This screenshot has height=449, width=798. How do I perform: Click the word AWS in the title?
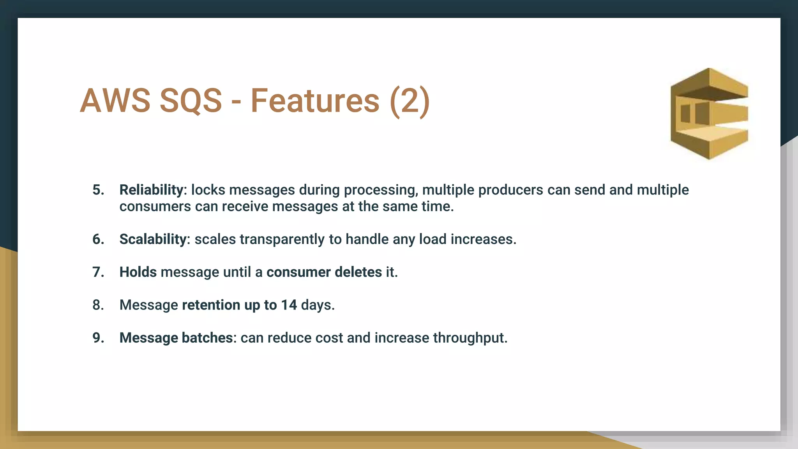pos(115,101)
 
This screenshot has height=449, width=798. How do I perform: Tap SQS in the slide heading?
pos(191,101)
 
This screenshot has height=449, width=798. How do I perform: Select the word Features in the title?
pos(315,101)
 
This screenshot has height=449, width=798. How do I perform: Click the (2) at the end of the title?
pos(410,101)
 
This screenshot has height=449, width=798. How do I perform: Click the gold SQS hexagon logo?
pos(709,114)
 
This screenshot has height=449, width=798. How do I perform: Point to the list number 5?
pos(98,190)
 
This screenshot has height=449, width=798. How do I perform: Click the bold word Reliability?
pos(151,190)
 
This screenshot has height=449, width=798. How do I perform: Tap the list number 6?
pos(98,239)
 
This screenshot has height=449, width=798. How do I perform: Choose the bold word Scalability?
pos(153,239)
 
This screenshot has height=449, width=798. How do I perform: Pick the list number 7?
pos(98,272)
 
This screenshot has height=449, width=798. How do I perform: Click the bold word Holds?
pos(138,272)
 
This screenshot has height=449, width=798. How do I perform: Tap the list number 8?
pos(98,305)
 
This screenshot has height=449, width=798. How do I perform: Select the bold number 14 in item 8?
pos(289,305)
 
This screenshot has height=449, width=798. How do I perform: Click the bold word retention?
pos(211,305)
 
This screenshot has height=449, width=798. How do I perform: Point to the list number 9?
pos(98,338)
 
